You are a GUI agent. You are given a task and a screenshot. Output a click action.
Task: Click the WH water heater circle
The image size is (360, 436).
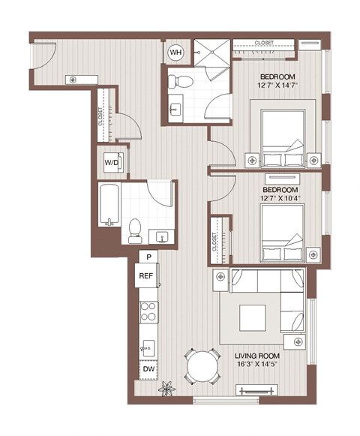(x=175, y=52)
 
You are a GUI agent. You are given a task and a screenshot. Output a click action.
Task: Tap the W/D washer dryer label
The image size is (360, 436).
(x=112, y=161)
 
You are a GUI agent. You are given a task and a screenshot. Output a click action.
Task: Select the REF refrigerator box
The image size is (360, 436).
(x=146, y=275)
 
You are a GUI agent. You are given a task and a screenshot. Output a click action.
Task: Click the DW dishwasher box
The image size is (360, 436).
(x=149, y=369)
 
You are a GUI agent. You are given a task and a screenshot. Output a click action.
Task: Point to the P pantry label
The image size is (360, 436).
(x=149, y=257)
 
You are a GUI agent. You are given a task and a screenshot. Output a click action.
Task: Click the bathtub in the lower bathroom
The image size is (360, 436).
(x=109, y=203)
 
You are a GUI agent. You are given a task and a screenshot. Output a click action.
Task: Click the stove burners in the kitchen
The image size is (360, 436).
(x=148, y=311)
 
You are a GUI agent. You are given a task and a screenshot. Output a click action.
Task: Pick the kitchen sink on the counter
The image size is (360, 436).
(x=148, y=347)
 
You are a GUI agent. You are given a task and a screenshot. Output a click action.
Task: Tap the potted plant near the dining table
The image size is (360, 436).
(x=166, y=389)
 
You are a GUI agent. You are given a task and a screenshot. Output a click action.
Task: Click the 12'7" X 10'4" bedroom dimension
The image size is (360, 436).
(x=277, y=197)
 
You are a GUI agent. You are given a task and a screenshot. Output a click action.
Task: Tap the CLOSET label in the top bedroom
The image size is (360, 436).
(x=263, y=43)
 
